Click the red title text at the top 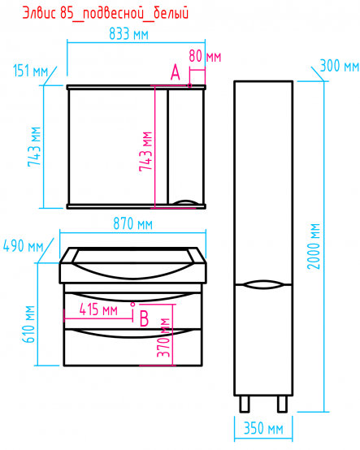pos(106,14)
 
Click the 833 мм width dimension pos(128,34)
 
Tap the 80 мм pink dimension pos(205,56)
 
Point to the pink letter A pos(175,72)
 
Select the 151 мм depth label pos(30,71)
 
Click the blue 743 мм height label pos(34,147)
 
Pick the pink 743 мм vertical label pos(145,152)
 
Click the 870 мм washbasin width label pos(132,224)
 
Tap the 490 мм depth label pos(23,246)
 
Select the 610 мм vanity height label pos(28,324)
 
